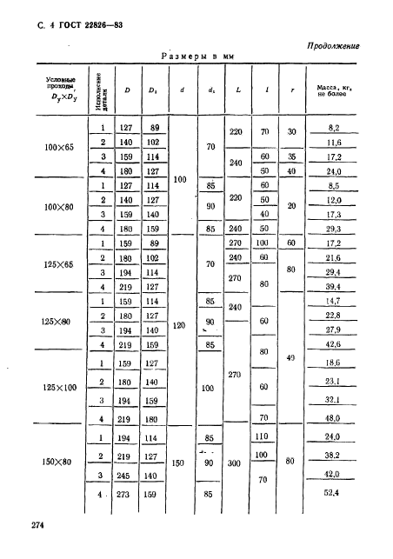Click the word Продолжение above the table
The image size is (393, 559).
click(x=334, y=46)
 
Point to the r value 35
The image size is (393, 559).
click(x=291, y=156)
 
